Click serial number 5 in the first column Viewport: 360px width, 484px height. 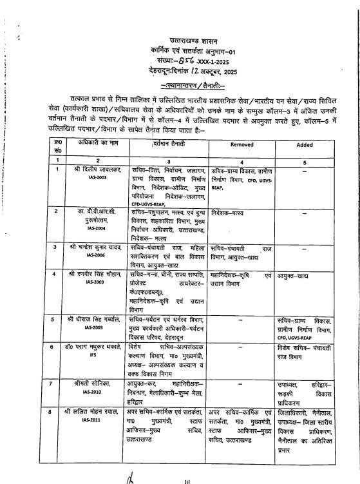tap(58, 318)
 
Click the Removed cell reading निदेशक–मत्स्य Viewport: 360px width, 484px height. tap(229, 211)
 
